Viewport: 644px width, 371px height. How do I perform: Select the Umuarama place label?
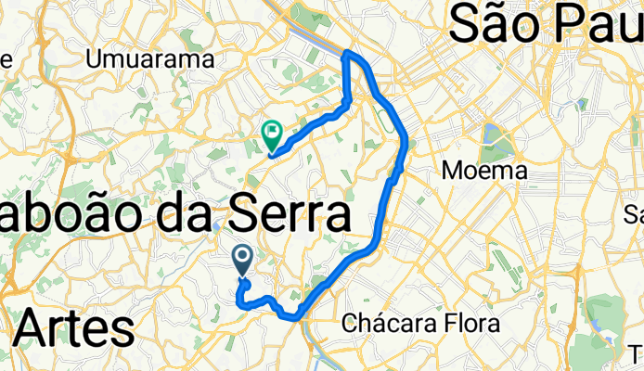[149, 59]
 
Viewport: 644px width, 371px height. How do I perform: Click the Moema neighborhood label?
[484, 171]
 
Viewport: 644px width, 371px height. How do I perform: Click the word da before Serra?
[186, 216]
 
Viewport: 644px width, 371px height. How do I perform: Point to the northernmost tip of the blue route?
[349, 53]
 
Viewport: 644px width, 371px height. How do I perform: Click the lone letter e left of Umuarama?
[6, 59]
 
